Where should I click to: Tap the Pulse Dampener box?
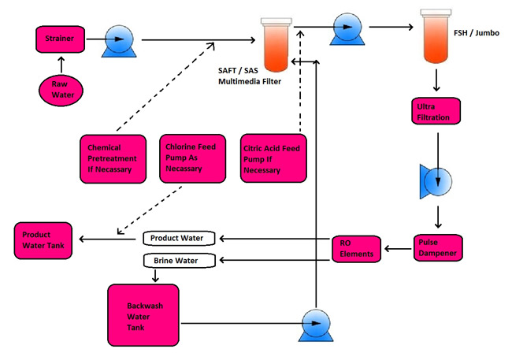[x=438, y=249]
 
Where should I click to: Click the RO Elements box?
[x=357, y=248]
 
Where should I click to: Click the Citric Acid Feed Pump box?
[x=274, y=158]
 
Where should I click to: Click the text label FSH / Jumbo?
[x=476, y=34]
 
